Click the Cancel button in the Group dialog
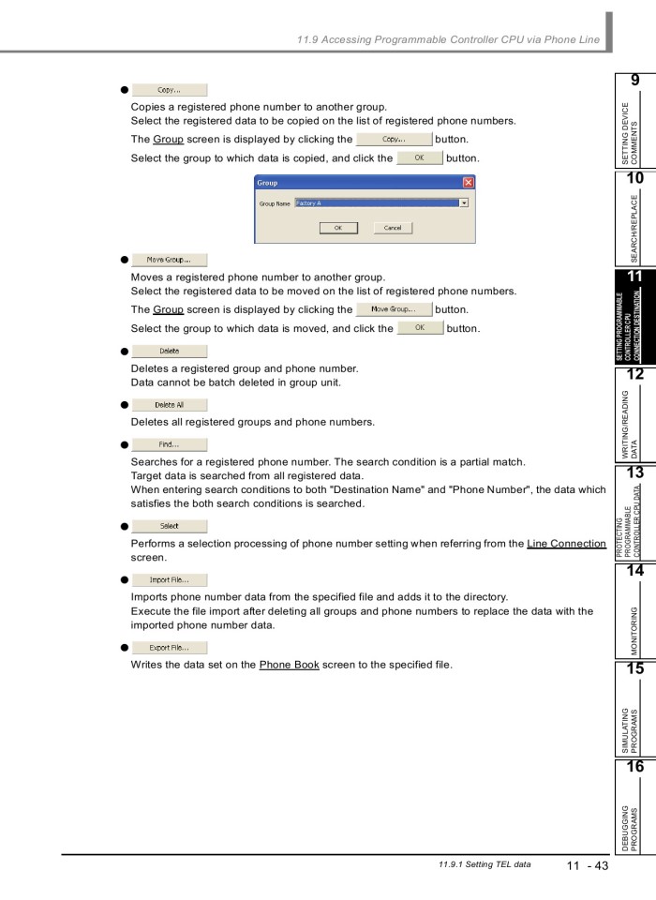pos(392,228)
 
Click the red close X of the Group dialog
pos(468,183)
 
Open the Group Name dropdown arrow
pos(463,202)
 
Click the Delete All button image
pos(169,405)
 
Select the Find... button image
pos(169,445)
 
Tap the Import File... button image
pos(169,579)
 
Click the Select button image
pos(169,526)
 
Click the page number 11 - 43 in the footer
pos(587,865)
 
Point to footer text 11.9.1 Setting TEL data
pos(477,864)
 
